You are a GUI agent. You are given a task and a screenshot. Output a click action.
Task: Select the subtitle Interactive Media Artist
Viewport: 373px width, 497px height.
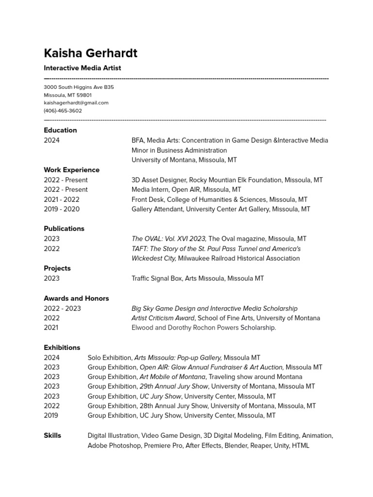click(x=82, y=68)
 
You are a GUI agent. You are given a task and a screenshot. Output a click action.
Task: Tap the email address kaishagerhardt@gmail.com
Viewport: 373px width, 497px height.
click(x=76, y=103)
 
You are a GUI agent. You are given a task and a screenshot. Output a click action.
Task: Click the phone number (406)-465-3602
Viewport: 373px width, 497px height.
click(x=63, y=111)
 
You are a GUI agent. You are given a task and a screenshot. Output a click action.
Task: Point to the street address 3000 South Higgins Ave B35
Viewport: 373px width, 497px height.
click(x=79, y=87)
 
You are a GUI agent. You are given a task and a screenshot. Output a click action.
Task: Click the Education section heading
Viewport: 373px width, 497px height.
click(x=60, y=130)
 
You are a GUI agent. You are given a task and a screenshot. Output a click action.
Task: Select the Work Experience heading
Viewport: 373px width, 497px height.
click(x=71, y=170)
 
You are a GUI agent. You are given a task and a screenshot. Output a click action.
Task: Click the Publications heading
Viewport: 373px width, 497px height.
click(x=64, y=229)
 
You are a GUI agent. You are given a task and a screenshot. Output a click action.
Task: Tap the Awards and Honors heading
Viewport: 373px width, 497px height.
click(x=76, y=298)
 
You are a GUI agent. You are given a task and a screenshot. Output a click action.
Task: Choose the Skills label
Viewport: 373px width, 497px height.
click(x=52, y=435)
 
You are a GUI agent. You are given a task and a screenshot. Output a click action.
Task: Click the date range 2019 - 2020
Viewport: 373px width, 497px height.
click(x=62, y=209)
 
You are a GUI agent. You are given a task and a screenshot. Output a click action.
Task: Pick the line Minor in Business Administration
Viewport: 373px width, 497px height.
click(x=179, y=150)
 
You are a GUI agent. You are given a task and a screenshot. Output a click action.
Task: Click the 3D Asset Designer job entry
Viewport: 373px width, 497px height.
click(x=227, y=180)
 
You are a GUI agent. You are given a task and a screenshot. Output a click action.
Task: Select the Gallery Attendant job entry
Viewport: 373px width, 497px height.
click(x=220, y=209)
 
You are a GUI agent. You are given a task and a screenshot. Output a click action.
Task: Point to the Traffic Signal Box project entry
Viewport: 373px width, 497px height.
click(x=198, y=278)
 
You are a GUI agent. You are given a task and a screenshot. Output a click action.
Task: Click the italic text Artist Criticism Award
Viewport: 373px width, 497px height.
click(x=163, y=318)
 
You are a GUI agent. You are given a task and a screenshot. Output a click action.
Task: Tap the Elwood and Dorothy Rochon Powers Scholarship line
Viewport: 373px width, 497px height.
click(x=203, y=328)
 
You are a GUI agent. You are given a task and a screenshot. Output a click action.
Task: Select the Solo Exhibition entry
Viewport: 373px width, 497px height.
click(x=174, y=358)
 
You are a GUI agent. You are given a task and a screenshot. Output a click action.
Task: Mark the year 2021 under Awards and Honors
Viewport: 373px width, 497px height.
click(x=51, y=328)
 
